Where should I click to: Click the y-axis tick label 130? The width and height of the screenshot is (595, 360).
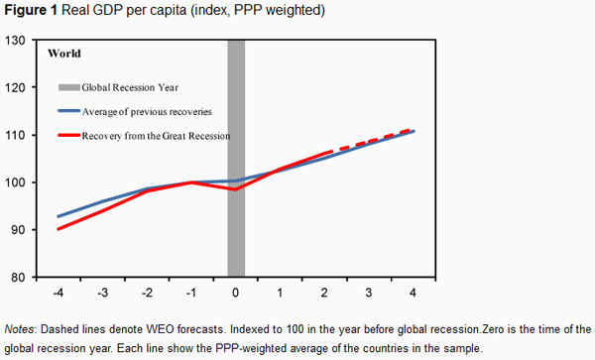pos(15,41)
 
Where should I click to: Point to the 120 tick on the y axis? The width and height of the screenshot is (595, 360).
pos(15,87)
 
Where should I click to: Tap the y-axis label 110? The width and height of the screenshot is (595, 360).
pos(15,135)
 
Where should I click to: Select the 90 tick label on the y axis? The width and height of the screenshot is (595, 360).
pos(19,230)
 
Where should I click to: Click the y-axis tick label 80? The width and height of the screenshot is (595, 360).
pos(19,278)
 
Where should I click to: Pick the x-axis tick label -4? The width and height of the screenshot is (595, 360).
pos(59,293)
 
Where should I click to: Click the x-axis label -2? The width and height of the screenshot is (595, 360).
pos(147,293)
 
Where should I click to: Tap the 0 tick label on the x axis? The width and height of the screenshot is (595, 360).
pos(236,293)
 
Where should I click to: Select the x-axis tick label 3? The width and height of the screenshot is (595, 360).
pos(369,293)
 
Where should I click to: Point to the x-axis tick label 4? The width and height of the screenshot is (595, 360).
pos(413,293)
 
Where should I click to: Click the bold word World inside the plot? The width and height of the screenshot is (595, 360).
pos(64,54)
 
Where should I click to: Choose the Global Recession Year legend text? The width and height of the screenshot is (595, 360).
pos(130,87)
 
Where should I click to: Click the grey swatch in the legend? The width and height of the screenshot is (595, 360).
pos(69,87)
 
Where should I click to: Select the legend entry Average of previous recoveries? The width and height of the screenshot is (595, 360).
pos(147,111)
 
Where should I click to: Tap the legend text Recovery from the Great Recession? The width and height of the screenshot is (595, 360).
pos(156,136)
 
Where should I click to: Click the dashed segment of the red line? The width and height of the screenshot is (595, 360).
pos(369,142)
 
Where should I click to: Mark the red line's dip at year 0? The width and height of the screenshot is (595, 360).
pos(235,189)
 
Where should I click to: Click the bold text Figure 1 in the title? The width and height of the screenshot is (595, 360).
pos(31,10)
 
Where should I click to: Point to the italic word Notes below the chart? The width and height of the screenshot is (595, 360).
pos(19,329)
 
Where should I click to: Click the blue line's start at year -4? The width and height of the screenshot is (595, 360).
pos(59,216)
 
